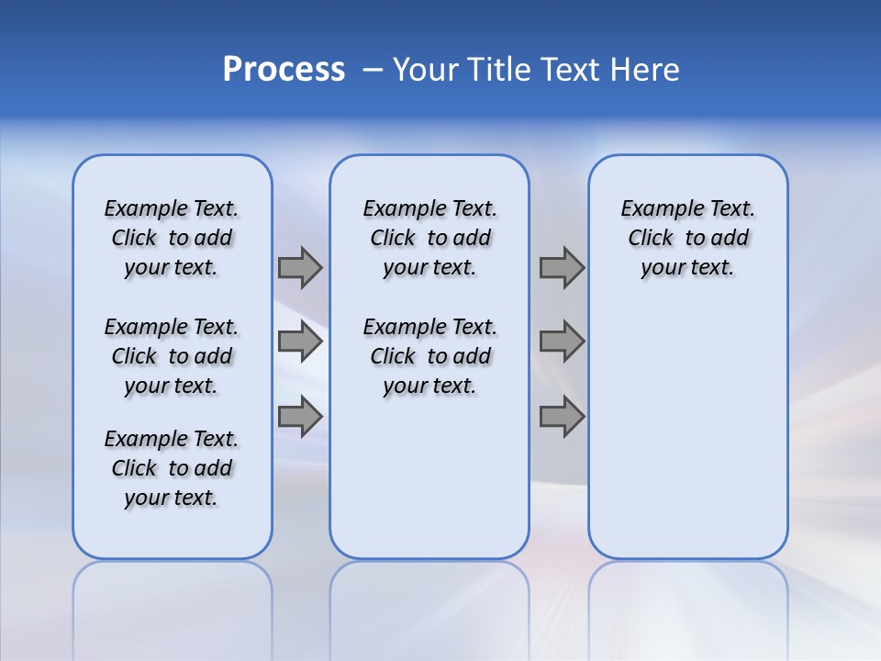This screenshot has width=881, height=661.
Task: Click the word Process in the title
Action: tap(284, 70)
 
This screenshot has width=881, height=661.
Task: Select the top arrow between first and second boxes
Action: tap(300, 267)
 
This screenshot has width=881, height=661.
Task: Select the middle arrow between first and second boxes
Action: tap(300, 342)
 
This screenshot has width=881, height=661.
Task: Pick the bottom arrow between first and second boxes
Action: tap(300, 416)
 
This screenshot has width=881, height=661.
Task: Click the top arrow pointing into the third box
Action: tap(562, 267)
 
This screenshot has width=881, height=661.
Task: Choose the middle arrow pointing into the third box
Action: tap(562, 342)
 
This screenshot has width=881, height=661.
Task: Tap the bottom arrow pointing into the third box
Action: tap(562, 416)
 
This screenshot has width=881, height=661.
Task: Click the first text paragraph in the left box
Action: tap(172, 238)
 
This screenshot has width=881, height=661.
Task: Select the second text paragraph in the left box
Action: tap(172, 356)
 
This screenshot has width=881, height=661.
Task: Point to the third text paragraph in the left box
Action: tap(172, 468)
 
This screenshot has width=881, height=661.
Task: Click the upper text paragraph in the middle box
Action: tap(429, 238)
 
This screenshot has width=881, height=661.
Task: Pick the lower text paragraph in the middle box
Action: tap(429, 356)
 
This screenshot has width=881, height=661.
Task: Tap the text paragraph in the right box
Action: tap(687, 238)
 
